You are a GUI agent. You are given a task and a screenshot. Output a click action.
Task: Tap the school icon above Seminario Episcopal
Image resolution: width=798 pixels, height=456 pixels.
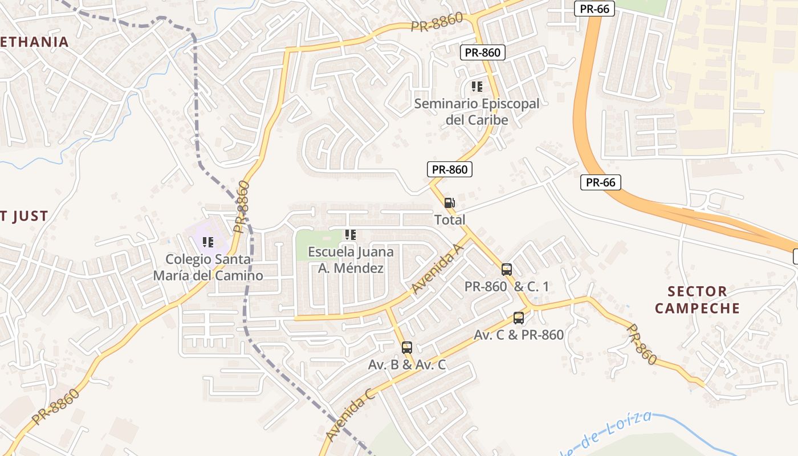tap(477, 87)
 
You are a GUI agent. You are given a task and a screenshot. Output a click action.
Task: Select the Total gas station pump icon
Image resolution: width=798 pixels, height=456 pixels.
tap(450, 202)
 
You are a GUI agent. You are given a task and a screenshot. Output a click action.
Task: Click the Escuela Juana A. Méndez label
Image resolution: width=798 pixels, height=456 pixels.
tap(351, 259)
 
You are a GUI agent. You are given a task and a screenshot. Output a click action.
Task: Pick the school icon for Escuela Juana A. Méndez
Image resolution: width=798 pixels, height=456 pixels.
tap(351, 234)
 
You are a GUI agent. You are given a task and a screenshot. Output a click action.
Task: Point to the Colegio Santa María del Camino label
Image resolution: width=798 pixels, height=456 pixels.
tap(208, 267)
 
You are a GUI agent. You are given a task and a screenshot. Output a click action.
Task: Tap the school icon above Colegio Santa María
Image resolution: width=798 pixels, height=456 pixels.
tap(208, 242)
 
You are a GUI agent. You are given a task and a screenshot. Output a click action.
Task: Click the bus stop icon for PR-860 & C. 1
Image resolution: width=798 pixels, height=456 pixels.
tap(506, 270)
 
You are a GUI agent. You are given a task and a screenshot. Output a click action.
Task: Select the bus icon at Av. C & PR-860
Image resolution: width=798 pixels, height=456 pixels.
tap(519, 318)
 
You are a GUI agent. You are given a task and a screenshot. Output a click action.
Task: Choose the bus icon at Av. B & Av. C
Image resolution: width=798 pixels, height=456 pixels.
tap(406, 347)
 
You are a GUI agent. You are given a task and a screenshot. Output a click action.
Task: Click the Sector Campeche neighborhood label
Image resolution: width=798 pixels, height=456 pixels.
tap(697, 300)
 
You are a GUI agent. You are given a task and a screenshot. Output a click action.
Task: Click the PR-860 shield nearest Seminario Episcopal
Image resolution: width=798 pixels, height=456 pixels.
tap(482, 53)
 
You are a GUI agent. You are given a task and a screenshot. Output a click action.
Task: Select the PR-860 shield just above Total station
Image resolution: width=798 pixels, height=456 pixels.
tap(450, 169)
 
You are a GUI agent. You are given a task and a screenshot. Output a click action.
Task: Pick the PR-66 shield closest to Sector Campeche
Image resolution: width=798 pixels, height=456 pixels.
tap(600, 182)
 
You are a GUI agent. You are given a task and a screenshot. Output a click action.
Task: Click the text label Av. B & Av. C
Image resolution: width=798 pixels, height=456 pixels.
tap(407, 365)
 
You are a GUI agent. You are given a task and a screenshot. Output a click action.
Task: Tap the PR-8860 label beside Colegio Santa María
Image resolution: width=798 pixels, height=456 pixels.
tap(242, 207)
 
